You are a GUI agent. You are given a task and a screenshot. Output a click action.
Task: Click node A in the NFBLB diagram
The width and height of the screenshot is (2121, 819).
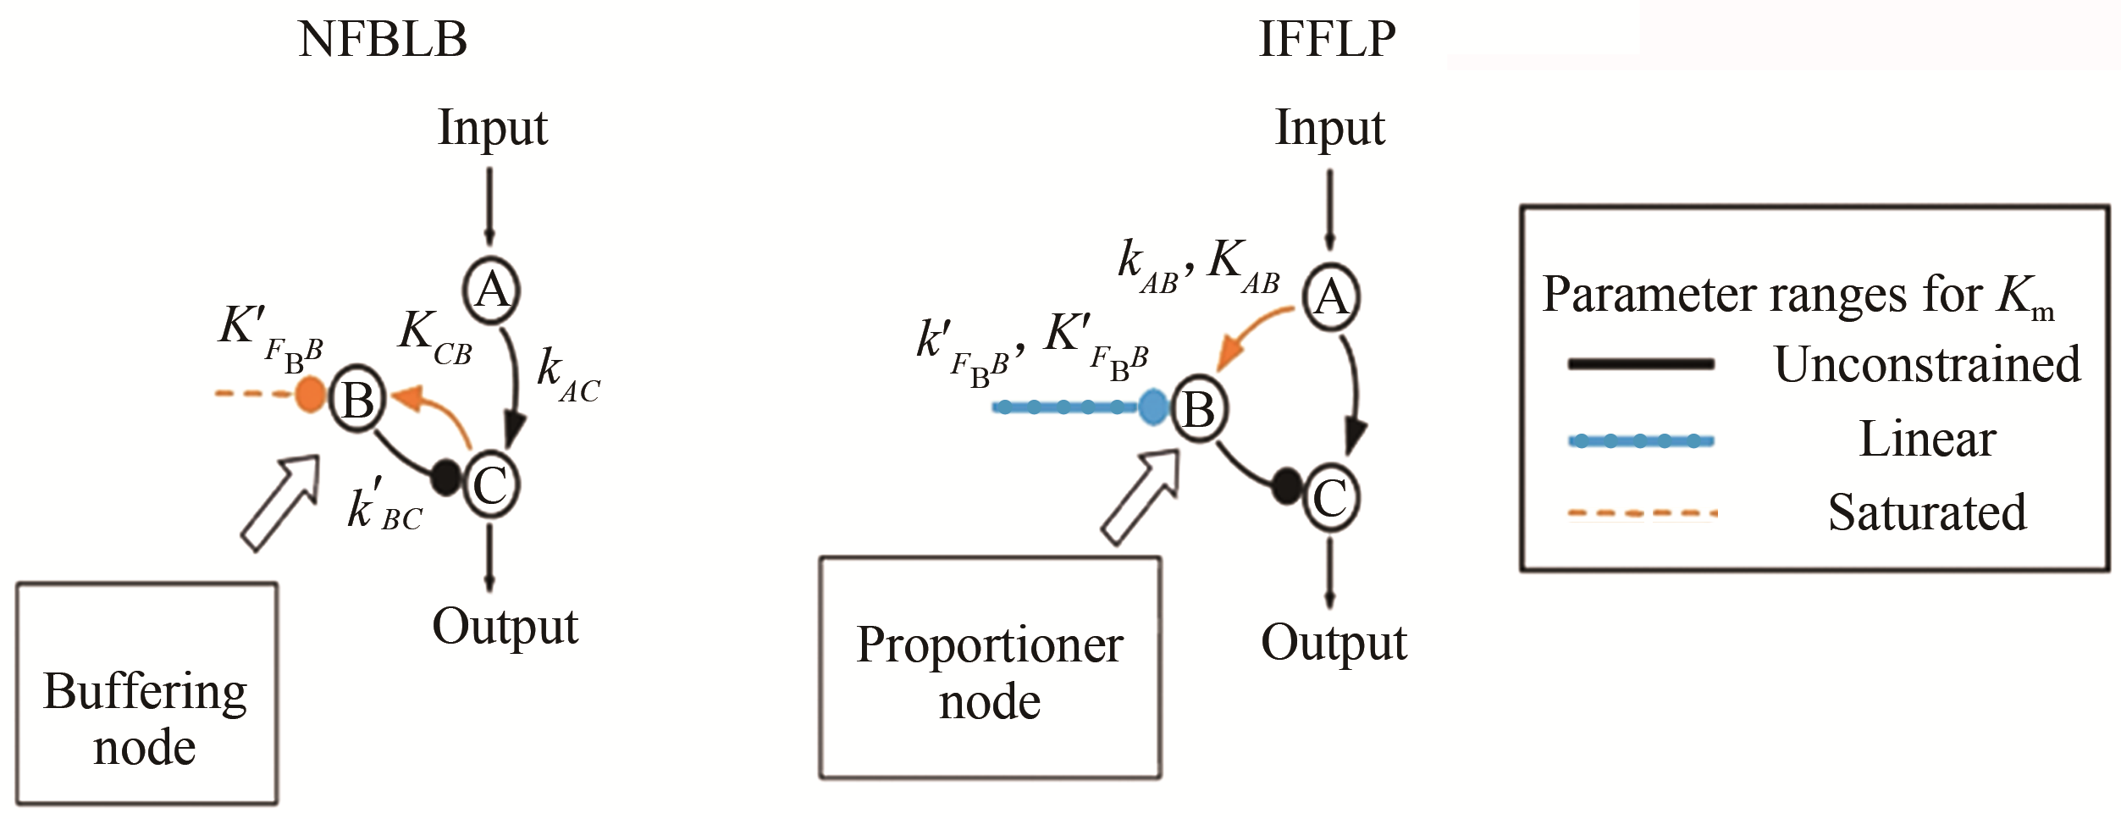click(x=492, y=291)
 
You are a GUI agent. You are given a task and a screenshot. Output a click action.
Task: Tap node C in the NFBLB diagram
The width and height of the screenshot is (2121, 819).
click(x=490, y=485)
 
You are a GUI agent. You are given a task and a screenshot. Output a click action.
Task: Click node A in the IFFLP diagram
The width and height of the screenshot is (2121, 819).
click(x=1330, y=296)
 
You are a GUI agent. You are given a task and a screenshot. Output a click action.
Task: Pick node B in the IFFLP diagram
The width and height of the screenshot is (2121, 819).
click(x=1198, y=410)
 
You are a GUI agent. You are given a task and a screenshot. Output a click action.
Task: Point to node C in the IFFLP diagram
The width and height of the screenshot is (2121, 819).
click(x=1330, y=498)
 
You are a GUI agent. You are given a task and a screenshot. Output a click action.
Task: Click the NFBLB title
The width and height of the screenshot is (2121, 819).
click(x=383, y=39)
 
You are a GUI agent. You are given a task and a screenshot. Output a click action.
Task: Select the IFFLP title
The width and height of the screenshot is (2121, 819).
click(x=1327, y=39)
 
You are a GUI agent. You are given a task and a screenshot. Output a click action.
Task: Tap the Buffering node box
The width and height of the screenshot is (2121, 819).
click(x=146, y=693)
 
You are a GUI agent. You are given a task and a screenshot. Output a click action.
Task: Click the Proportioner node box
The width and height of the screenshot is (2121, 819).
click(x=990, y=667)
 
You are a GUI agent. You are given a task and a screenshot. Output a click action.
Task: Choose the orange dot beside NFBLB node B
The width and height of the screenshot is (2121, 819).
click(x=310, y=395)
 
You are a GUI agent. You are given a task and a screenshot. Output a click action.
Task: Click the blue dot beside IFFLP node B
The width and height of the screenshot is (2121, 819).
click(x=1152, y=407)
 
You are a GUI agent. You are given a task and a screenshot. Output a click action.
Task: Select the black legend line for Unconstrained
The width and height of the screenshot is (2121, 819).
click(x=1641, y=364)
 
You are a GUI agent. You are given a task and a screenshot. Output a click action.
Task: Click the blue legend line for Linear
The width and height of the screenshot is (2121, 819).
click(x=1641, y=440)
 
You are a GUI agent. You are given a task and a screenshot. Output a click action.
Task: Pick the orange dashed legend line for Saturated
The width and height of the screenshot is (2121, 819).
click(x=1641, y=513)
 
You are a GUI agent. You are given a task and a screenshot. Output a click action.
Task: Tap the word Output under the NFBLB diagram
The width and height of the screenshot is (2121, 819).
click(x=505, y=627)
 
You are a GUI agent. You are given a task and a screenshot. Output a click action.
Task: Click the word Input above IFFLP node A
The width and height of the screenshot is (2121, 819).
click(x=1330, y=128)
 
